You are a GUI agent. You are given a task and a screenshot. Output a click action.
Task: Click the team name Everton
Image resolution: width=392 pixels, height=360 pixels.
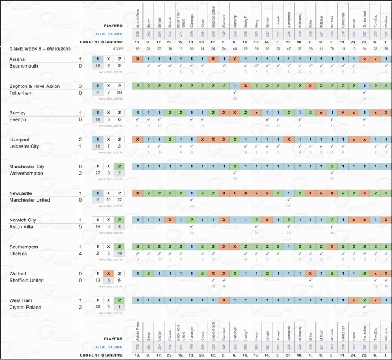click(19, 119)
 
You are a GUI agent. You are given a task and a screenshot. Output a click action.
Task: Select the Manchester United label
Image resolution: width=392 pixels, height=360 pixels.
click(31, 200)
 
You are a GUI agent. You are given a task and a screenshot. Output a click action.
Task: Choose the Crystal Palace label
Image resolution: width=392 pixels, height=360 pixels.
click(26, 307)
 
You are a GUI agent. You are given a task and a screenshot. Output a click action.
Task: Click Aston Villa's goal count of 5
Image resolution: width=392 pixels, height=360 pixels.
click(80, 226)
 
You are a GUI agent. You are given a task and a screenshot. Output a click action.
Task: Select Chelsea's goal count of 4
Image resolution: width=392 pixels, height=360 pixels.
click(80, 254)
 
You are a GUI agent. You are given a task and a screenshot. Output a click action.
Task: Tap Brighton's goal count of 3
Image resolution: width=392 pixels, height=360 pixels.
click(80, 86)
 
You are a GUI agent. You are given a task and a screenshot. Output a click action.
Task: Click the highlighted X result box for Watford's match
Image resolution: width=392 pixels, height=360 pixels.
click(108, 273)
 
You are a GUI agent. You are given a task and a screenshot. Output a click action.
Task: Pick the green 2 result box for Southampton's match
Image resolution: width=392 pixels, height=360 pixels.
click(119, 247)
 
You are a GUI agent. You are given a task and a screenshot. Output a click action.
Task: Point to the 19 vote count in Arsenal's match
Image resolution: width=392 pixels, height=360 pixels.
click(97, 65)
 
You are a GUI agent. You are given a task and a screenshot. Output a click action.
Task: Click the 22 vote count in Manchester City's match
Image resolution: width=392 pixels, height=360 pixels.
click(97, 173)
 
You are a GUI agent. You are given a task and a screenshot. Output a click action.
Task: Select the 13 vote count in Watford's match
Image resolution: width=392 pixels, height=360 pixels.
click(97, 280)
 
